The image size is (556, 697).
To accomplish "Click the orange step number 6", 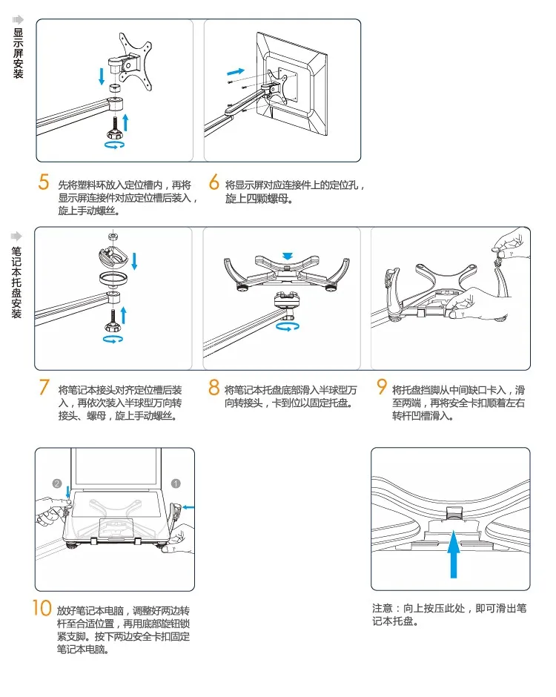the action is click(214, 182).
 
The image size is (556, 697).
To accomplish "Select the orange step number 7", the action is click(44, 388).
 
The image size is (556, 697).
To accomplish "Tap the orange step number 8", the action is click(214, 388).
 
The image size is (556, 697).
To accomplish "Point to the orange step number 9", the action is click(382, 387).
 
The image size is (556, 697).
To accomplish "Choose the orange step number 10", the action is click(41, 608).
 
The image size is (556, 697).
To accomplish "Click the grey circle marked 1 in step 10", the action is click(176, 483).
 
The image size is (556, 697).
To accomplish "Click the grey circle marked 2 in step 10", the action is click(57, 483).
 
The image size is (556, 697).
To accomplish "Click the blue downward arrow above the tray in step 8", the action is click(288, 256).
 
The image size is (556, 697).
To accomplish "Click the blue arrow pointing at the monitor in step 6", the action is click(236, 71).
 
